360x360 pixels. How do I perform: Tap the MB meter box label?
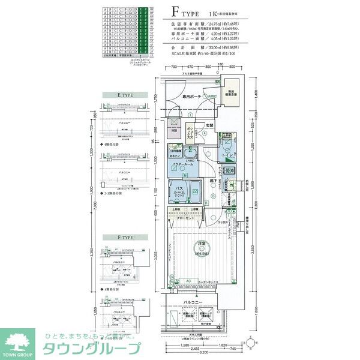point(175,131)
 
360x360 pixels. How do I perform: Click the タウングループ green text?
point(90,349)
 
